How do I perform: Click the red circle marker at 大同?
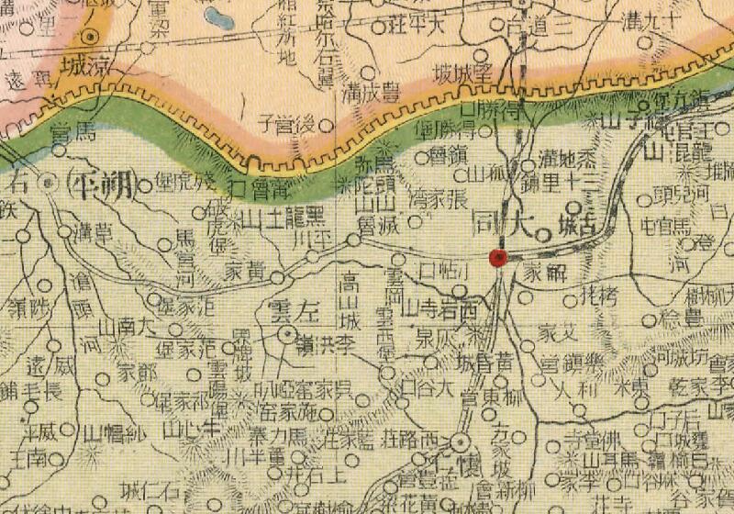click(498, 258)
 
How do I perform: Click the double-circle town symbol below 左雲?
click(288, 334)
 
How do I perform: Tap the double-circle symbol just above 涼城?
click(92, 37)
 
